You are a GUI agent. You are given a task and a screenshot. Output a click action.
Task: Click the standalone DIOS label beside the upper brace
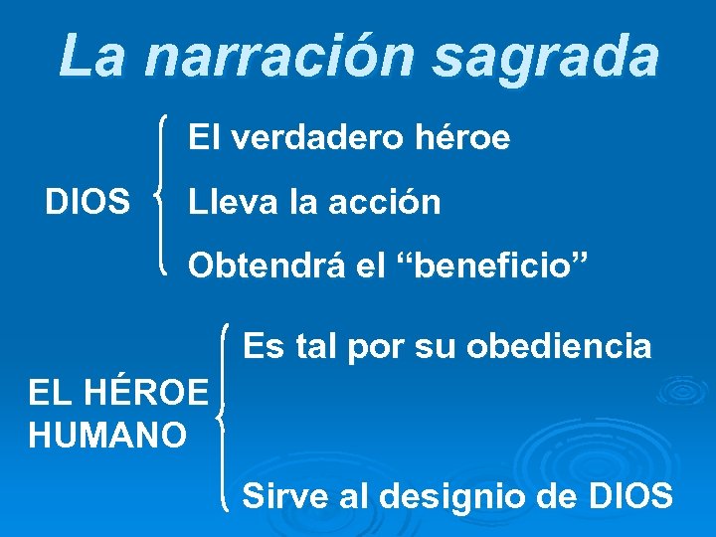pos(88,203)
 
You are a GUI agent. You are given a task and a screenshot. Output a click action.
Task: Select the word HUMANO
pos(107,435)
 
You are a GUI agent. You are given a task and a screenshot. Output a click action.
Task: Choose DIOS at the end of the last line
pos(632,494)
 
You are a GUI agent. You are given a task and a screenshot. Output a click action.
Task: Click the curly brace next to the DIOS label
pos(161,195)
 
